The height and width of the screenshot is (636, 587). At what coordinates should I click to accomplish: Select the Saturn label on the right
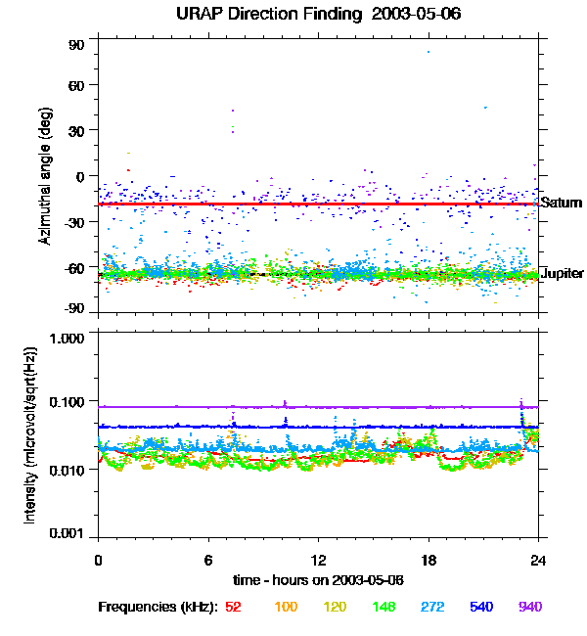(x=562, y=204)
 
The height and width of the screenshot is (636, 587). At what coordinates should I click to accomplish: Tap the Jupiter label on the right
(x=562, y=273)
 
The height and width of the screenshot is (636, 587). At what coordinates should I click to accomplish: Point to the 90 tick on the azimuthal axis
(x=76, y=45)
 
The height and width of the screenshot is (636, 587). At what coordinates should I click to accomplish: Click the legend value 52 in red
(x=233, y=608)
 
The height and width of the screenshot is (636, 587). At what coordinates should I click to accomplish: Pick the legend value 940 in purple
(x=529, y=608)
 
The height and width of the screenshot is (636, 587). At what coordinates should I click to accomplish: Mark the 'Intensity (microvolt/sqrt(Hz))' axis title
(x=31, y=434)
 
